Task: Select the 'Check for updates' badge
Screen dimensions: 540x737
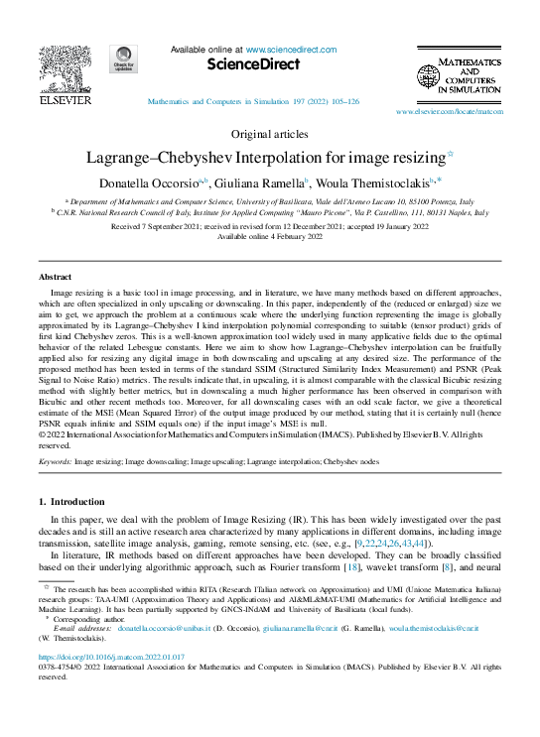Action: tap(124, 61)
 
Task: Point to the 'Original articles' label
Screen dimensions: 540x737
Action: tap(269, 134)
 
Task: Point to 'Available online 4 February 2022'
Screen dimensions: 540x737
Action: tap(270, 238)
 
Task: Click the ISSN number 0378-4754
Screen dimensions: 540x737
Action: tap(59, 668)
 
